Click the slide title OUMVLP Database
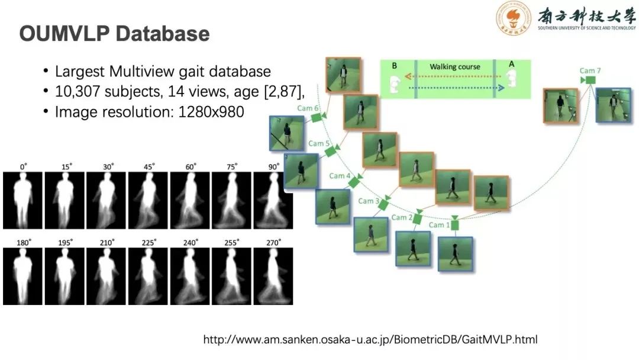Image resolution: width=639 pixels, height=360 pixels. tap(114, 34)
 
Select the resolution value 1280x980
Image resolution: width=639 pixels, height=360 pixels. tap(211, 111)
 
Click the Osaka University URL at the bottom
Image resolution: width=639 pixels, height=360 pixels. tap(370, 340)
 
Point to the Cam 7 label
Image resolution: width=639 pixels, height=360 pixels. tap(590, 70)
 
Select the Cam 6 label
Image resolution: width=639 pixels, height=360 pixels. tap(308, 108)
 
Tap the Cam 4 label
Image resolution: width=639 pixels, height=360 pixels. tap(340, 176)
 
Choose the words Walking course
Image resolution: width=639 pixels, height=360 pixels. tap(454, 67)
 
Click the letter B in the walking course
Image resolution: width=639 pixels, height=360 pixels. tap(394, 66)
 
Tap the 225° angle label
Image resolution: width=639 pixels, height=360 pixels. tap(149, 243)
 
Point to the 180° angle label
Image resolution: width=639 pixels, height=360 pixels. tap(24, 243)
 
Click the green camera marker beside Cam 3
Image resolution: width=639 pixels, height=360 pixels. tap(383, 205)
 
